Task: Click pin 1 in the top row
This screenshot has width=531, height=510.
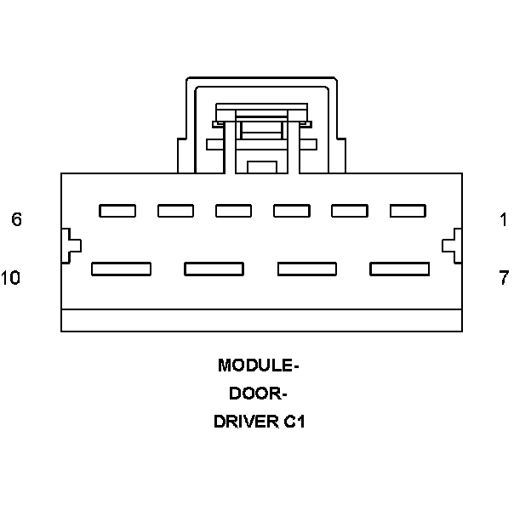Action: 407,211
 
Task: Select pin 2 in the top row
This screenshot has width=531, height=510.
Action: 349,211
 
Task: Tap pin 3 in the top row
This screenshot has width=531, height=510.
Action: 291,211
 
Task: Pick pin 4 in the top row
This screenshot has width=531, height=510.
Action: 233,211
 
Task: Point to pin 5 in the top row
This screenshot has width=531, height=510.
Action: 175,211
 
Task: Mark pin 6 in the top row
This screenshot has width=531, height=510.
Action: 117,211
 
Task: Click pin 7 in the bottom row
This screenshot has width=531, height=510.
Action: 399,269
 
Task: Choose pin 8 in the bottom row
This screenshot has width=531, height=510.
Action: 306,269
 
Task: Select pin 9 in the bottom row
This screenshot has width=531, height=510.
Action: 214,269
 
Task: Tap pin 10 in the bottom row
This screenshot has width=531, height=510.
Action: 121,269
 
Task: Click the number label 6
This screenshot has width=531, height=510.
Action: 16,220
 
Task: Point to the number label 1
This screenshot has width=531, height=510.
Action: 504,220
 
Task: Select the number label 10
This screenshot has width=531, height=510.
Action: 11,278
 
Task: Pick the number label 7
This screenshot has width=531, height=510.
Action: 504,278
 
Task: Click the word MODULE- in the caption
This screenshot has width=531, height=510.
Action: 259,366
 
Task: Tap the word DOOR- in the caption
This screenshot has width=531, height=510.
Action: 259,394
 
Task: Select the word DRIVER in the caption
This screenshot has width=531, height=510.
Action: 245,422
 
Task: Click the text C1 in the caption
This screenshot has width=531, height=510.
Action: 294,422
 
